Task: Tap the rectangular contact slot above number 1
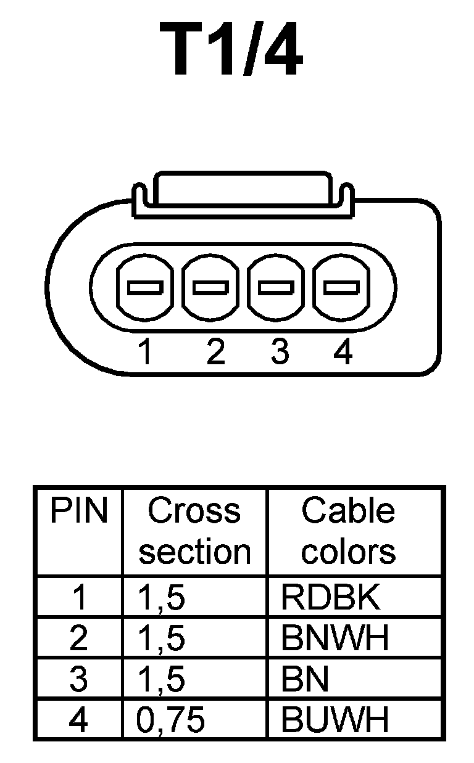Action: pos(144,287)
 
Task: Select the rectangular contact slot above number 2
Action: pos(210,287)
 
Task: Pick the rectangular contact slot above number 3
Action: pos(276,287)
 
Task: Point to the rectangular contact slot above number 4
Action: pos(341,287)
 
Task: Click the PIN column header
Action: pos(78,511)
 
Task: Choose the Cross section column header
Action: pos(194,531)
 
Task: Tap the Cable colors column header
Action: pos(348,531)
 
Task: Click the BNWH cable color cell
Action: pos(335,639)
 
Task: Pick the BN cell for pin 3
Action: pos(304,679)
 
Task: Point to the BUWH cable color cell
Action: pos(335,719)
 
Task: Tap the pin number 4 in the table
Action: pos(79,719)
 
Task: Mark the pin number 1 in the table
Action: pos(79,597)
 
